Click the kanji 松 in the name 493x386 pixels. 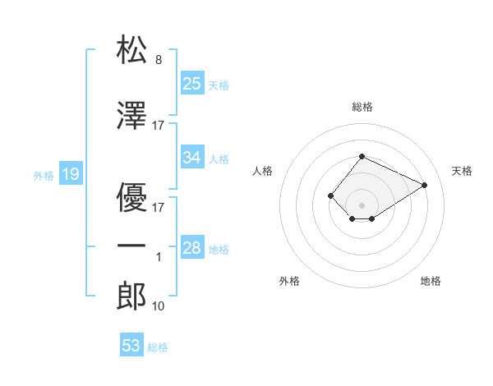pos(131,50)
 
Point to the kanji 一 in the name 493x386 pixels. pos(131,246)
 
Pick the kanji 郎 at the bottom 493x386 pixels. pos(131,295)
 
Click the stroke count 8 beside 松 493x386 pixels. pos(159,60)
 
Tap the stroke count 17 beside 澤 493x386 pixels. pos(159,126)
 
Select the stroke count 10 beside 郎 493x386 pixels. pos(159,306)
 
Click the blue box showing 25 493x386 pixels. pos(192,83)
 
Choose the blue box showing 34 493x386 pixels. pos(192,157)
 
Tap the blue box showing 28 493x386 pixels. pos(192,247)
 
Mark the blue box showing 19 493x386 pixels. pos(70,173)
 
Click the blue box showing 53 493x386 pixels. pos(131,346)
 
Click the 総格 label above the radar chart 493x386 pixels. pos(362,107)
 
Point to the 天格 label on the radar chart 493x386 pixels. pos(462,171)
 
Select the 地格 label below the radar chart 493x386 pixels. pos(431,281)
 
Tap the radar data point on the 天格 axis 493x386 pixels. pos(425,184)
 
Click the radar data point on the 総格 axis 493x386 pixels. pos(362,156)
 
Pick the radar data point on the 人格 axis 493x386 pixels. pos(330,195)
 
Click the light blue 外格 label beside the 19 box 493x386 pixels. pos(43,175)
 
